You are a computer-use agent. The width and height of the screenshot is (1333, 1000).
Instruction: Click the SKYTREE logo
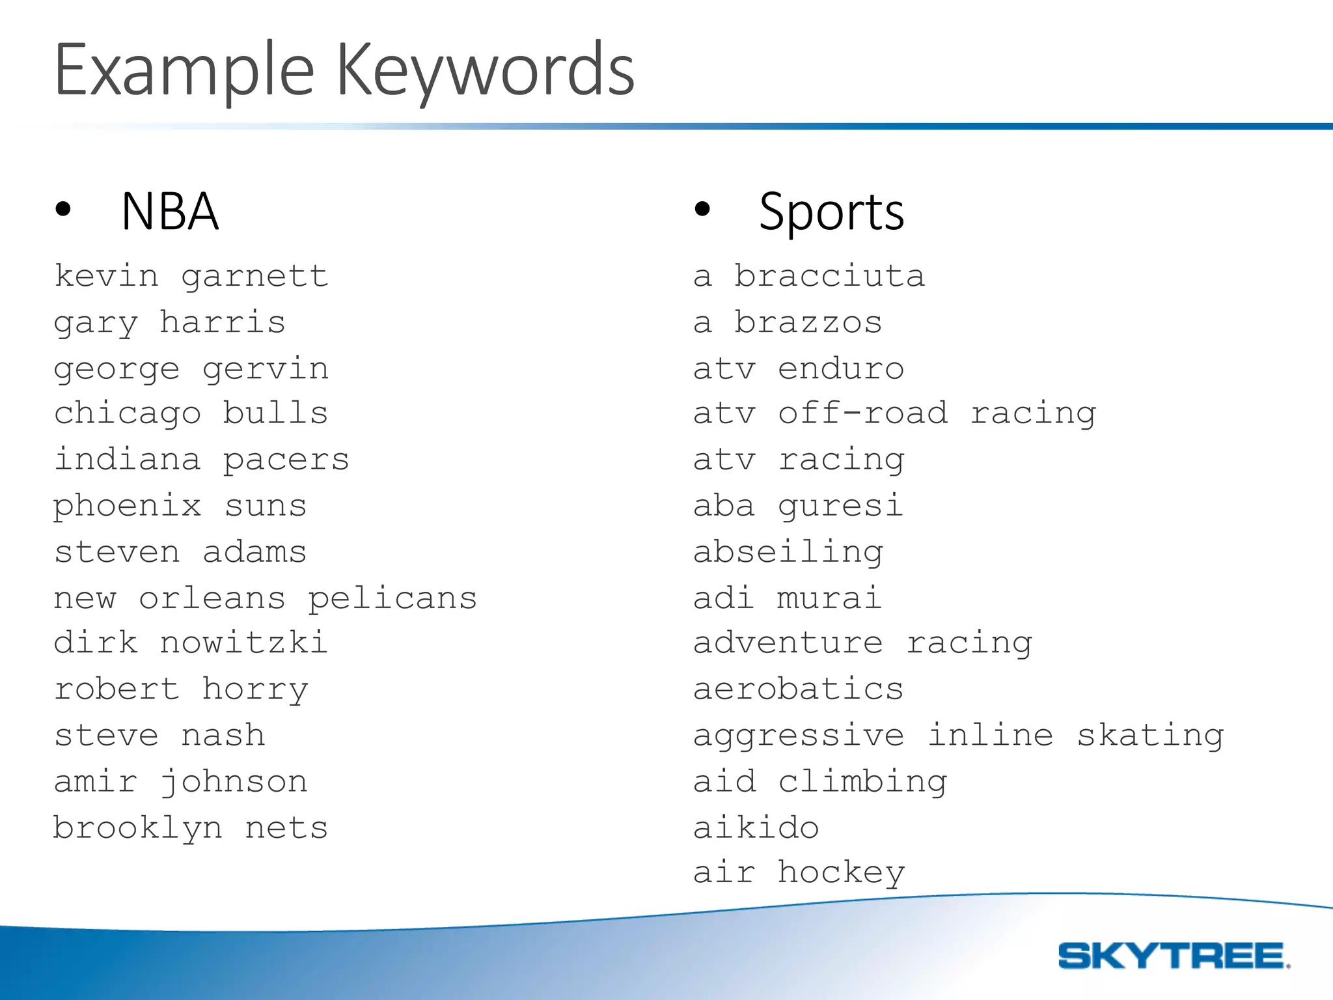pyautogui.click(x=1174, y=956)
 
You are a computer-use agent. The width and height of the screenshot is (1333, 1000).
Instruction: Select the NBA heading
pyautogui.click(x=170, y=212)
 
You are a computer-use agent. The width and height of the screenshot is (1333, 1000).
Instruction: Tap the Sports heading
pyautogui.click(x=831, y=212)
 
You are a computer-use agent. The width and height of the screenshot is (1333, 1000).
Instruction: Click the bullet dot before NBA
pyautogui.click(x=63, y=209)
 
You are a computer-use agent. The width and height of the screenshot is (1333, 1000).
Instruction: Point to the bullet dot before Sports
pyautogui.click(x=702, y=209)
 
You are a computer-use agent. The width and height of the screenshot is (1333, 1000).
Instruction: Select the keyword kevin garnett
pyautogui.click(x=191, y=277)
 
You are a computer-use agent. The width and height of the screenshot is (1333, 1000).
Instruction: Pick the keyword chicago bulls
pyautogui.click(x=191, y=414)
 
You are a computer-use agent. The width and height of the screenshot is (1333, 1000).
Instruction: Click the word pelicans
pyautogui.click(x=392, y=598)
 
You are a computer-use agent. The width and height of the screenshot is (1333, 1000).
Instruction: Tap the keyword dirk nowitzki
pyautogui.click(x=190, y=643)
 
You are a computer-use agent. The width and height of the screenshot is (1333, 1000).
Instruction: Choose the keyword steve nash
pyautogui.click(x=159, y=736)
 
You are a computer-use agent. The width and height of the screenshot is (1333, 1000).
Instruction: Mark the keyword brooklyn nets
pyautogui.click(x=191, y=828)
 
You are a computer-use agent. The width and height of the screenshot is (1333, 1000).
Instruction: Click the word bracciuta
pyautogui.click(x=829, y=277)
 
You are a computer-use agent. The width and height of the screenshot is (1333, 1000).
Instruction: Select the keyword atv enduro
pyautogui.click(x=799, y=369)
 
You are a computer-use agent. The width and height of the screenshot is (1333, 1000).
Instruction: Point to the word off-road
pyautogui.click(x=863, y=414)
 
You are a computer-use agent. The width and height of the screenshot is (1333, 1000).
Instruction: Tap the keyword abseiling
pyautogui.click(x=788, y=553)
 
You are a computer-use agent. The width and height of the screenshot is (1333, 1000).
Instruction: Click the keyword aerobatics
pyautogui.click(x=799, y=689)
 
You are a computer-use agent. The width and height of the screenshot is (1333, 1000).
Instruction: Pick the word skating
pyautogui.click(x=1150, y=736)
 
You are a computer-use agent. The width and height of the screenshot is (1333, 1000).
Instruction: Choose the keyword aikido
pyautogui.click(x=756, y=828)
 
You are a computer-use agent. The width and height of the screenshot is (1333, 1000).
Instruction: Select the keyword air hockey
pyautogui.click(x=799, y=873)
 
